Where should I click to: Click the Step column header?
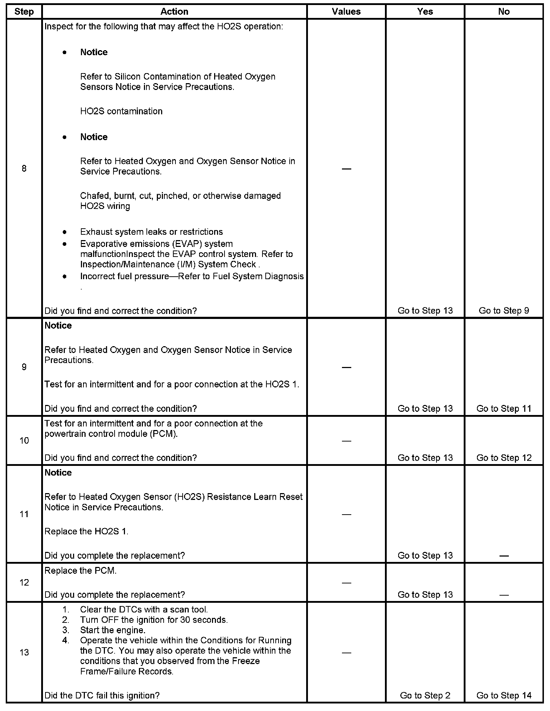24,11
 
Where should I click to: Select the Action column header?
174,11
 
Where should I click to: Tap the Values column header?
346,11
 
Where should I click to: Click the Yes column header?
425,11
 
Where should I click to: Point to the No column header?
503,11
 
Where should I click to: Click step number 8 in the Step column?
24,168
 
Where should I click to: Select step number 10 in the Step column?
24,440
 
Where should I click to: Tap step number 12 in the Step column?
24,582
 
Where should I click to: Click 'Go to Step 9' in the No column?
504,311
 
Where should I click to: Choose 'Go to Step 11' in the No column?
504,409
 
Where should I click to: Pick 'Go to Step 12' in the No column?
504,458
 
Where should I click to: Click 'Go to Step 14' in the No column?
504,695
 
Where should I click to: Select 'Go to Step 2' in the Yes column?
425,695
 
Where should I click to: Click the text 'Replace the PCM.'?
81,571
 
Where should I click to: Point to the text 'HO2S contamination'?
121,111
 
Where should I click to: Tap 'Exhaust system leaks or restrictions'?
151,232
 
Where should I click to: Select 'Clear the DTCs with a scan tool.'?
144,609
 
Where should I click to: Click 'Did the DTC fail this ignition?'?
102,695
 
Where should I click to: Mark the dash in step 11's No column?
504,556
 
